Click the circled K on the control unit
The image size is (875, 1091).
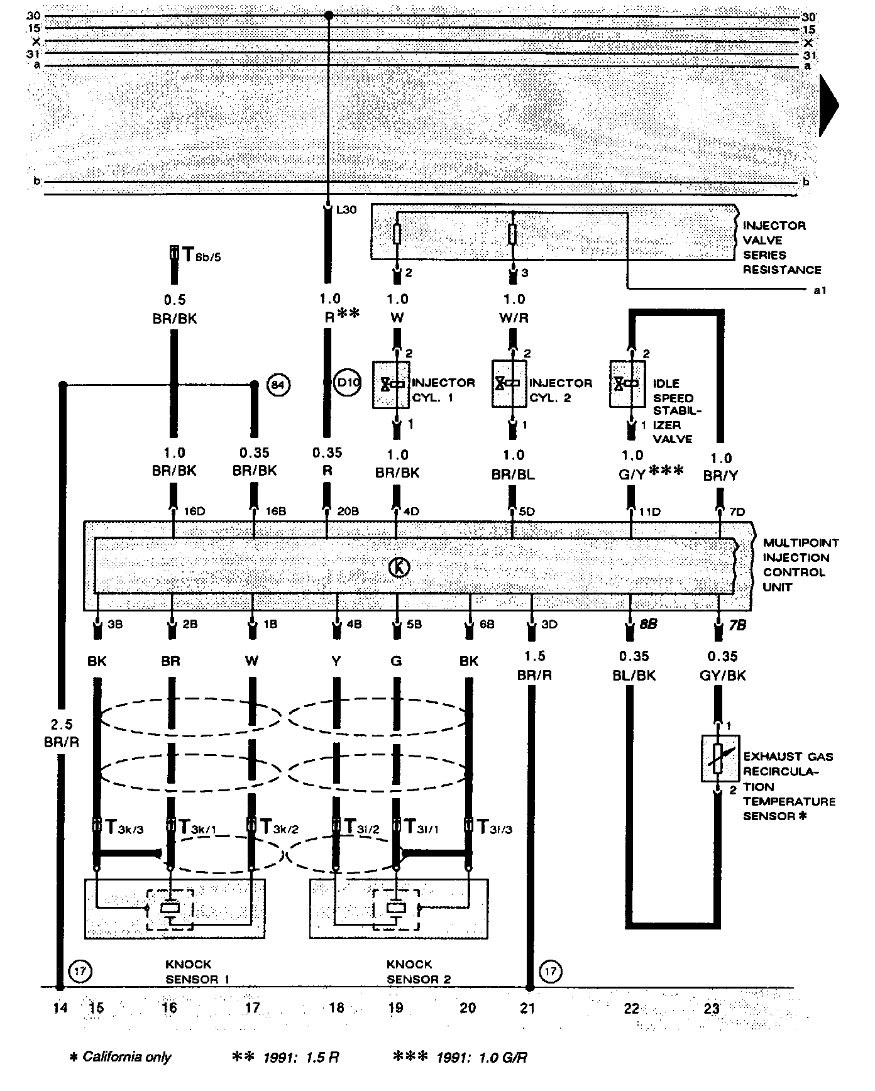399,567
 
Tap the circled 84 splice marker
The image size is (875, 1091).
278,385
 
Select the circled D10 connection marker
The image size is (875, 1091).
347,383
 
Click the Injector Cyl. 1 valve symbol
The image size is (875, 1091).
391,384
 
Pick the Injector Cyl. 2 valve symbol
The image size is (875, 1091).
509,383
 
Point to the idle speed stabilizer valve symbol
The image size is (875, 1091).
627,383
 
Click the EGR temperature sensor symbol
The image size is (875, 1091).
720,759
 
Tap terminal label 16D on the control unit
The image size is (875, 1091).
194,512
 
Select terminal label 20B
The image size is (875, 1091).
348,512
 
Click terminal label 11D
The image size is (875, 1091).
651,512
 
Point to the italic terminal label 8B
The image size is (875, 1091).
649,625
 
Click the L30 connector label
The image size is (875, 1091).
346,210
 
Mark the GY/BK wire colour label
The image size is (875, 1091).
722,675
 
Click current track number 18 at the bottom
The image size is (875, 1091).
337,1008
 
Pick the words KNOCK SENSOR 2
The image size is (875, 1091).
418,972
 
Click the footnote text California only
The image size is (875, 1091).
126,1057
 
